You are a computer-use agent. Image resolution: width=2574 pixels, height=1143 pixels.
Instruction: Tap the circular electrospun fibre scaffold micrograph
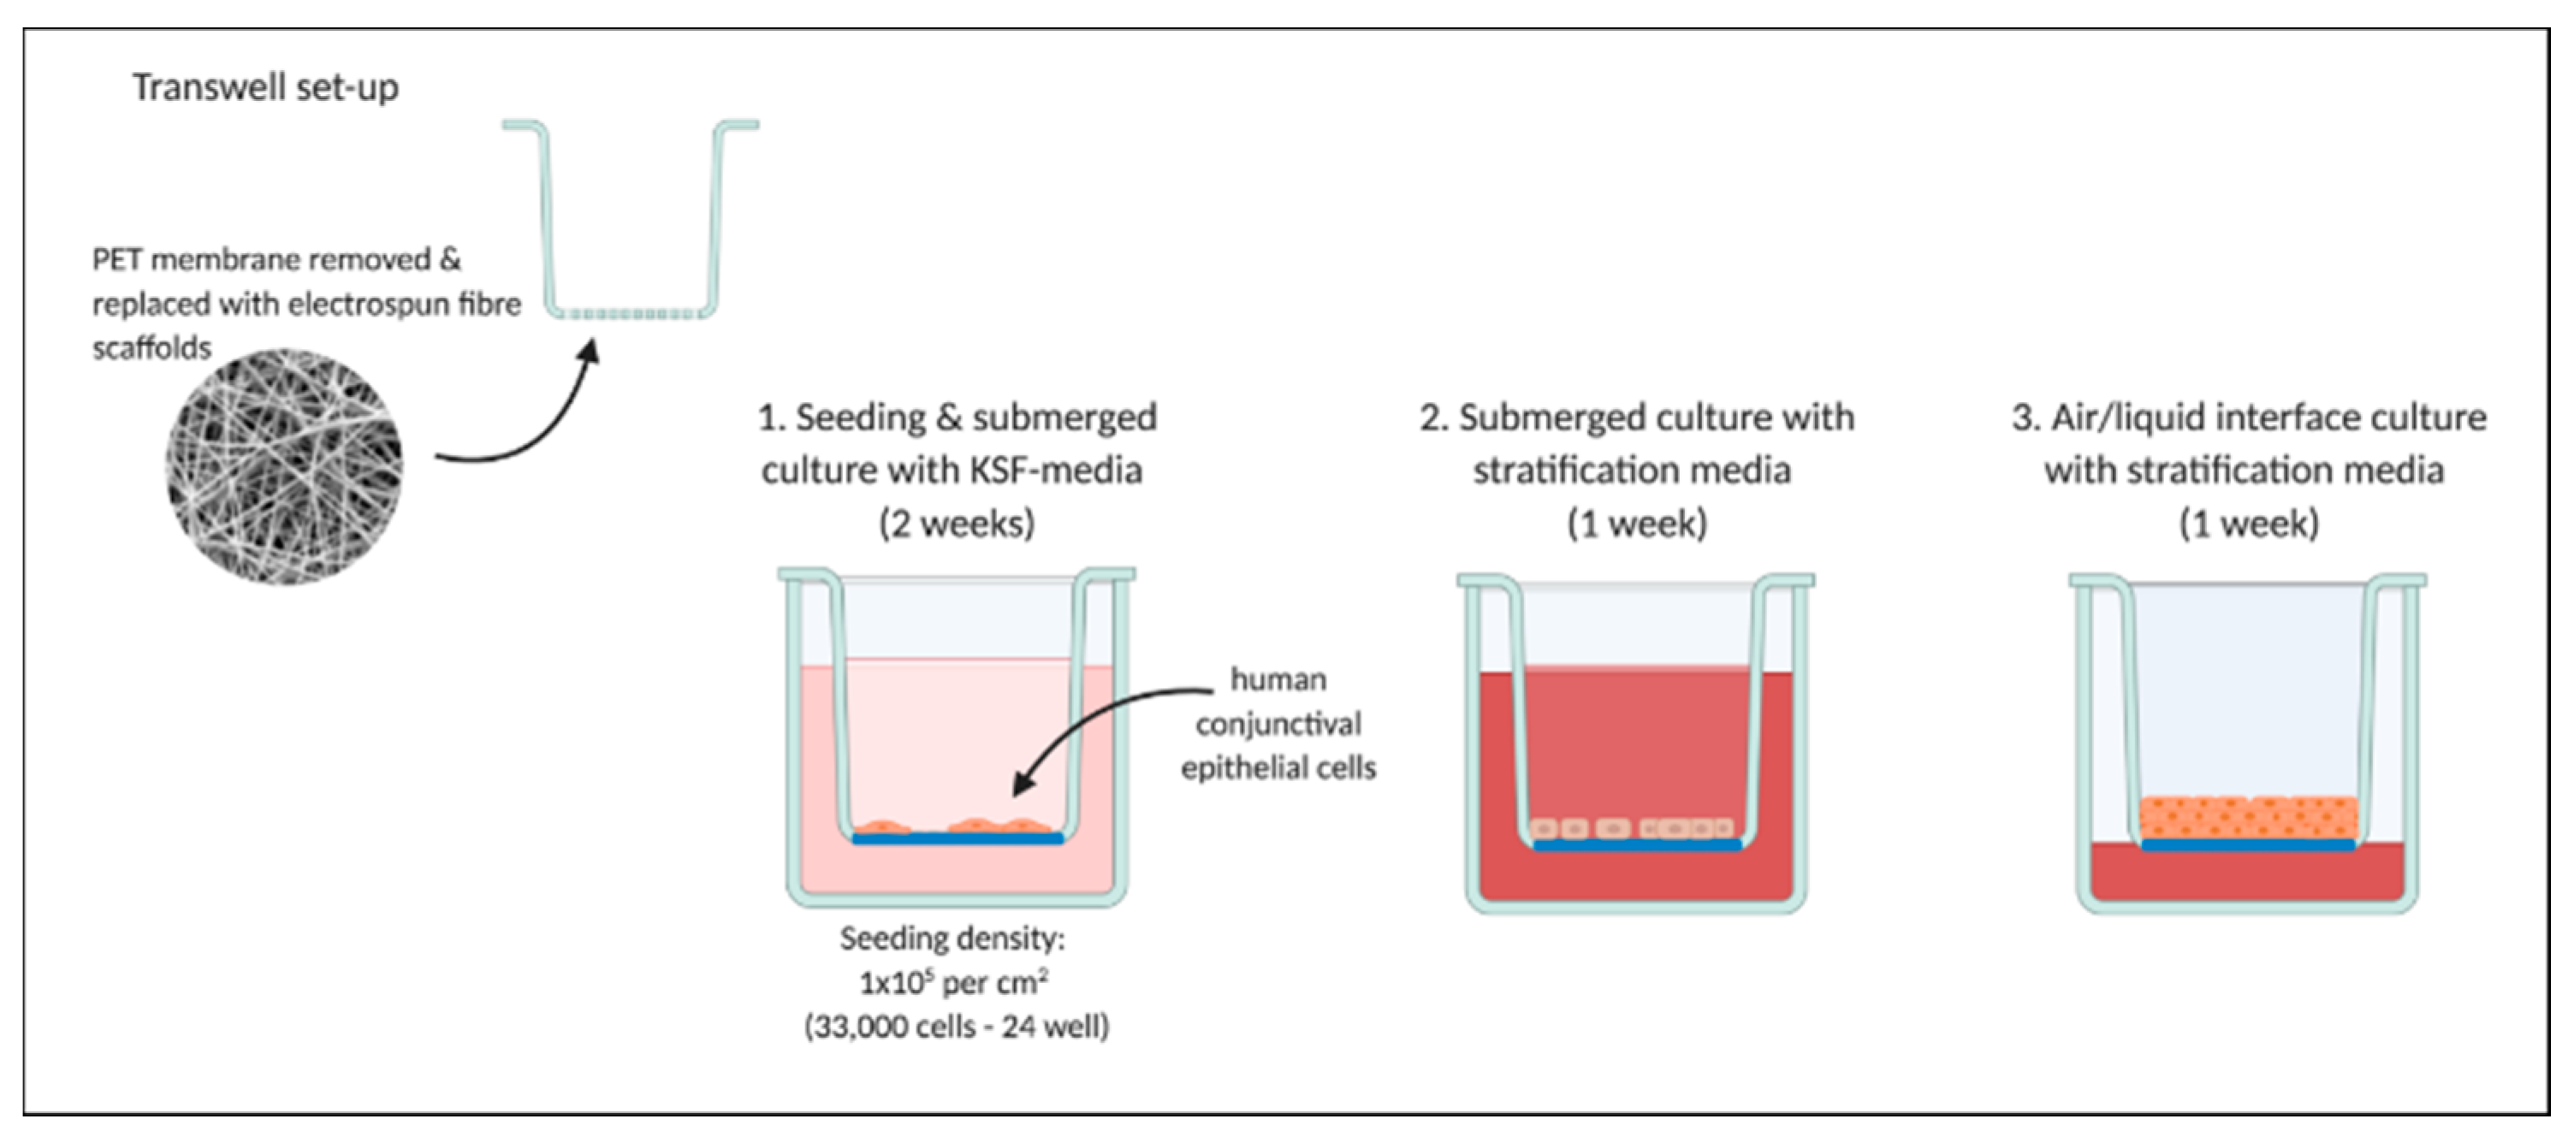[x=285, y=466]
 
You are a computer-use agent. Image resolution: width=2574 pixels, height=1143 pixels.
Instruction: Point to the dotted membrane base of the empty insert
[x=631, y=314]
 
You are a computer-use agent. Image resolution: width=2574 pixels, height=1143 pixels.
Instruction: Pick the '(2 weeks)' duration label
[x=956, y=523]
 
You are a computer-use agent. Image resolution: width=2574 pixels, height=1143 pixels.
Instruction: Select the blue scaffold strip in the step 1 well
[x=958, y=839]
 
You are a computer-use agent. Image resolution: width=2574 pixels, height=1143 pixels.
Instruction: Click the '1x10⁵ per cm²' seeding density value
[x=954, y=983]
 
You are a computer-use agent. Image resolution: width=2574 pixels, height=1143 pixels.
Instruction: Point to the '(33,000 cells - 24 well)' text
[x=956, y=1028]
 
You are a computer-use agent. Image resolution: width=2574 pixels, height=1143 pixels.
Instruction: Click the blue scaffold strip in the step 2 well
[x=1637, y=845]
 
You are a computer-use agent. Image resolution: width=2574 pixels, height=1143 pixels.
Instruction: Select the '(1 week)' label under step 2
[x=1637, y=523]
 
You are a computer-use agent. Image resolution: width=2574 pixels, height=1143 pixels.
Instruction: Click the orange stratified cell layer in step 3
[x=2248, y=816]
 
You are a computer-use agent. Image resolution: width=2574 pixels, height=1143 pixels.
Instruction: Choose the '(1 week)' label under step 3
[x=2248, y=523]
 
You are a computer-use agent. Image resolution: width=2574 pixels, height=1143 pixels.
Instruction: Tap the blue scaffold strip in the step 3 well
[x=2248, y=845]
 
